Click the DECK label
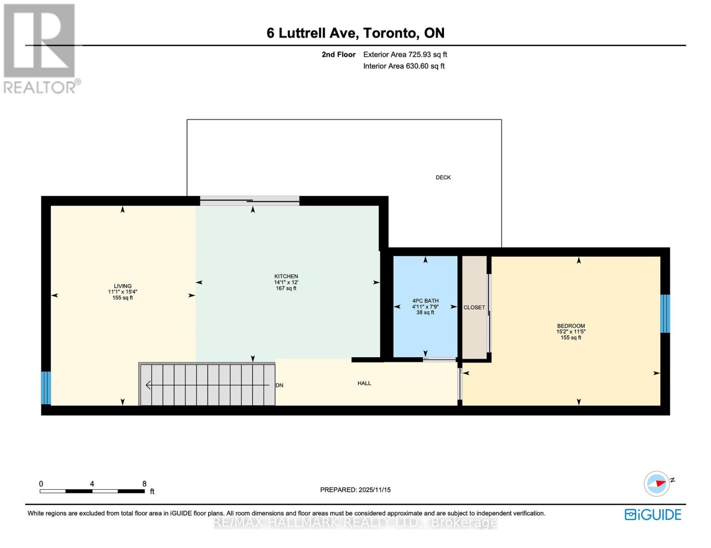tap(443, 177)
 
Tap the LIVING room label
tap(123, 286)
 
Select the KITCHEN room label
tap(286, 276)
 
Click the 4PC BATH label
tap(425, 300)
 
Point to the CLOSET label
tap(474, 307)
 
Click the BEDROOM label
tap(571, 326)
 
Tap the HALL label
tap(364, 383)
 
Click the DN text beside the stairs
tap(279, 385)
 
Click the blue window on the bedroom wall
tap(665, 313)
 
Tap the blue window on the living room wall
tap(46, 388)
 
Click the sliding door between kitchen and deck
tap(250, 200)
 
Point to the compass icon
tap(657, 484)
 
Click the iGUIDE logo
tap(652, 515)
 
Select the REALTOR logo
tap(40, 48)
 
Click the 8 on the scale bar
tap(144, 484)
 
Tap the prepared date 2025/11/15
tap(374, 490)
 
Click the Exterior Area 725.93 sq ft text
tap(405, 54)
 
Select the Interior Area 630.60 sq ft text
tap(404, 66)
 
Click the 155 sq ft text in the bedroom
tap(571, 337)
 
